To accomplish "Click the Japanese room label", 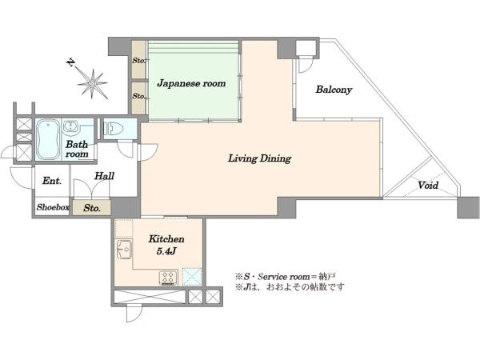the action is point(191,83).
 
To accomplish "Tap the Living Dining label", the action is point(259,158).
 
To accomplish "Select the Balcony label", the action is point(334,90).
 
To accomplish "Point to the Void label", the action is point(428,186).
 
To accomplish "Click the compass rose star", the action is point(92,83).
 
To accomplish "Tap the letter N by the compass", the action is point(71,62).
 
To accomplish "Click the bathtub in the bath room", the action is point(48,139).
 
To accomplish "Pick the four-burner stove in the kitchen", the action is point(168,278).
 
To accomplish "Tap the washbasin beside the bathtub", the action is point(71,126).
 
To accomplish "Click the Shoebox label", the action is point(53,207).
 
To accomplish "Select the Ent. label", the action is point(52,181).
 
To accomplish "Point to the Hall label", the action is point(104,176).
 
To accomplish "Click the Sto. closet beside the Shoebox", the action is point(91,207).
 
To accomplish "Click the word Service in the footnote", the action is point(274,277).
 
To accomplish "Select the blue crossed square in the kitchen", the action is point(192,277).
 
